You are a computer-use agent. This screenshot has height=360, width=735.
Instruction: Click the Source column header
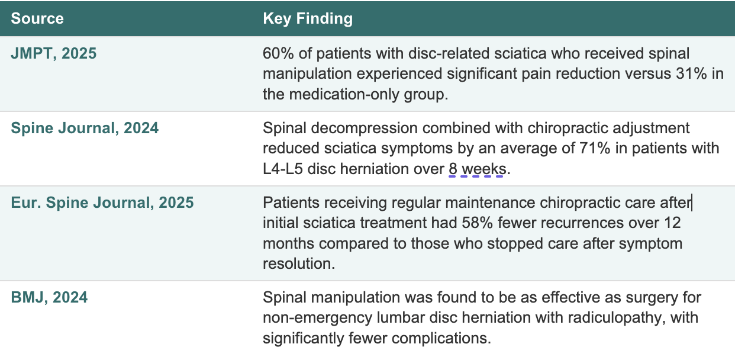(37, 18)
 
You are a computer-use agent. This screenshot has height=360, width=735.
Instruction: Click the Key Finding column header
(308, 19)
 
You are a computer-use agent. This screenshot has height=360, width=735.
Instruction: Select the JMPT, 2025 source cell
(54, 53)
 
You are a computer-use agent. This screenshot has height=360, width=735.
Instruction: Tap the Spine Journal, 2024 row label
(85, 128)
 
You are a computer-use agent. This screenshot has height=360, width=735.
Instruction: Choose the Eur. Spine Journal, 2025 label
(102, 202)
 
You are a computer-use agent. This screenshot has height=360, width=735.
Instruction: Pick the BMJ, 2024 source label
(49, 297)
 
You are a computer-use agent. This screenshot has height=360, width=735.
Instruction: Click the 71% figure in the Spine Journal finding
(595, 149)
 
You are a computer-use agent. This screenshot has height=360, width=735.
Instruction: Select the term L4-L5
(283, 169)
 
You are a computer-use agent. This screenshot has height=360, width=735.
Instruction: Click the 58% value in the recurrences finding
(477, 223)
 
